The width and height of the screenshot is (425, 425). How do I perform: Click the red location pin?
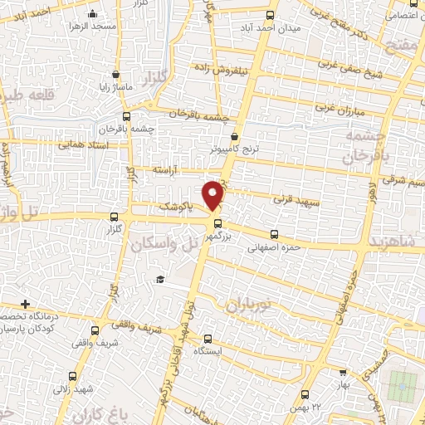[x=214, y=194]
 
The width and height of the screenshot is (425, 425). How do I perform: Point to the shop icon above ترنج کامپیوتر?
[x=235, y=137]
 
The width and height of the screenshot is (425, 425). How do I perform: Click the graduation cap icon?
[x=161, y=281]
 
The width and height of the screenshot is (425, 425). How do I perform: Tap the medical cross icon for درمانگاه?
[x=26, y=305]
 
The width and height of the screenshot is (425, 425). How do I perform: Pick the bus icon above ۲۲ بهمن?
[x=306, y=393]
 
